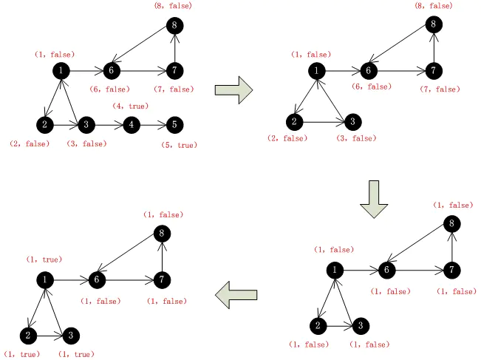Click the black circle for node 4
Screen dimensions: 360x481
131,124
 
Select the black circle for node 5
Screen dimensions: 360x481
174,124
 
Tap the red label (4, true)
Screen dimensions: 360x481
130,106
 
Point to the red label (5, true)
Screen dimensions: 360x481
179,146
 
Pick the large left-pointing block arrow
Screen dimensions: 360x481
236,296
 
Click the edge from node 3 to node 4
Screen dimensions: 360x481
109,124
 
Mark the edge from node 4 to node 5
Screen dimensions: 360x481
152,124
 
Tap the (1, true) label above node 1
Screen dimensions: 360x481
44,259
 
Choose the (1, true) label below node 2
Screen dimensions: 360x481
22,355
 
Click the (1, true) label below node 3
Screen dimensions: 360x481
76,355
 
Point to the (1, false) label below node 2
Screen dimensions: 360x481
309,344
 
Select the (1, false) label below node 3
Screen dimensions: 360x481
369,344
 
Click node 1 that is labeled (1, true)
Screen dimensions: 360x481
45,279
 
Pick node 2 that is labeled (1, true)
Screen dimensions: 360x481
27,336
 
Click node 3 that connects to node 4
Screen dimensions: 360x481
86,124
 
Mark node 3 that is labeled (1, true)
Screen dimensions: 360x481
70,336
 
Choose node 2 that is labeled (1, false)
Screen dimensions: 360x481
317,325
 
